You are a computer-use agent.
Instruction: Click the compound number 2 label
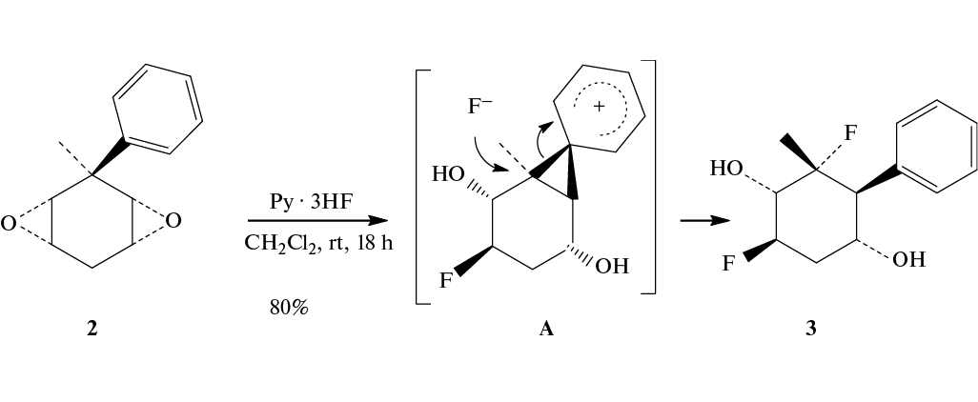[92, 329]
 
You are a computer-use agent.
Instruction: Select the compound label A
[546, 329]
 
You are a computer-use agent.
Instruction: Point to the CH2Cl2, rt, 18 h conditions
[318, 243]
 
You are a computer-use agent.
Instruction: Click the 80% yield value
[290, 308]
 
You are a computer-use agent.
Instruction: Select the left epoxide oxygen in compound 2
[9, 224]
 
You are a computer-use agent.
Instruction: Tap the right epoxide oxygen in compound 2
[174, 220]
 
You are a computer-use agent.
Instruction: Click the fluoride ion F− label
[479, 107]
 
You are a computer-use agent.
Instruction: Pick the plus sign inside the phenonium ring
[599, 107]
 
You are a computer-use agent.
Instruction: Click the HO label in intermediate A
[448, 174]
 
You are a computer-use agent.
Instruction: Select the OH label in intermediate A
[612, 267]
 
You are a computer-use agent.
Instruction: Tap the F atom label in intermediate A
[446, 281]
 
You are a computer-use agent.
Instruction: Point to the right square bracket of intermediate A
[649, 176]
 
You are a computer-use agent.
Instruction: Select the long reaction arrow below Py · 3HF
[317, 221]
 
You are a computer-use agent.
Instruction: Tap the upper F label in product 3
[850, 133]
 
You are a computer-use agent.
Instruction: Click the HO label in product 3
[726, 169]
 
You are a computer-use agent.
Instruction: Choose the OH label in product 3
[908, 259]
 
